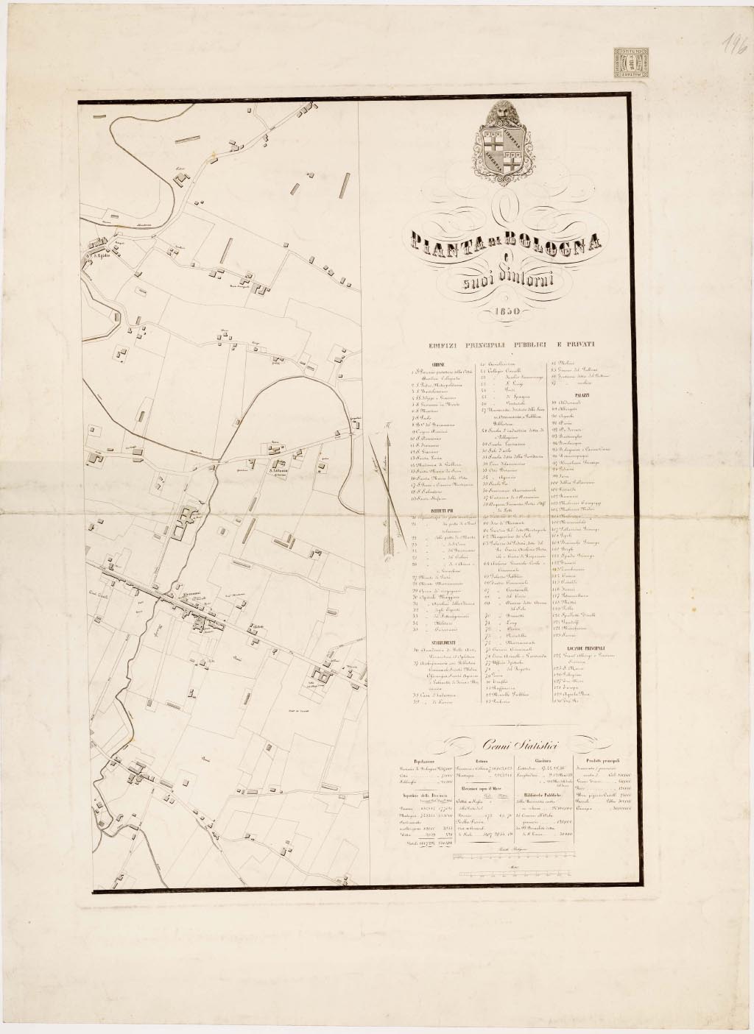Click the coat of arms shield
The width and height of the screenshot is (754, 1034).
coord(504,148)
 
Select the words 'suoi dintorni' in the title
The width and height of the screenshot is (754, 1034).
coord(503,281)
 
